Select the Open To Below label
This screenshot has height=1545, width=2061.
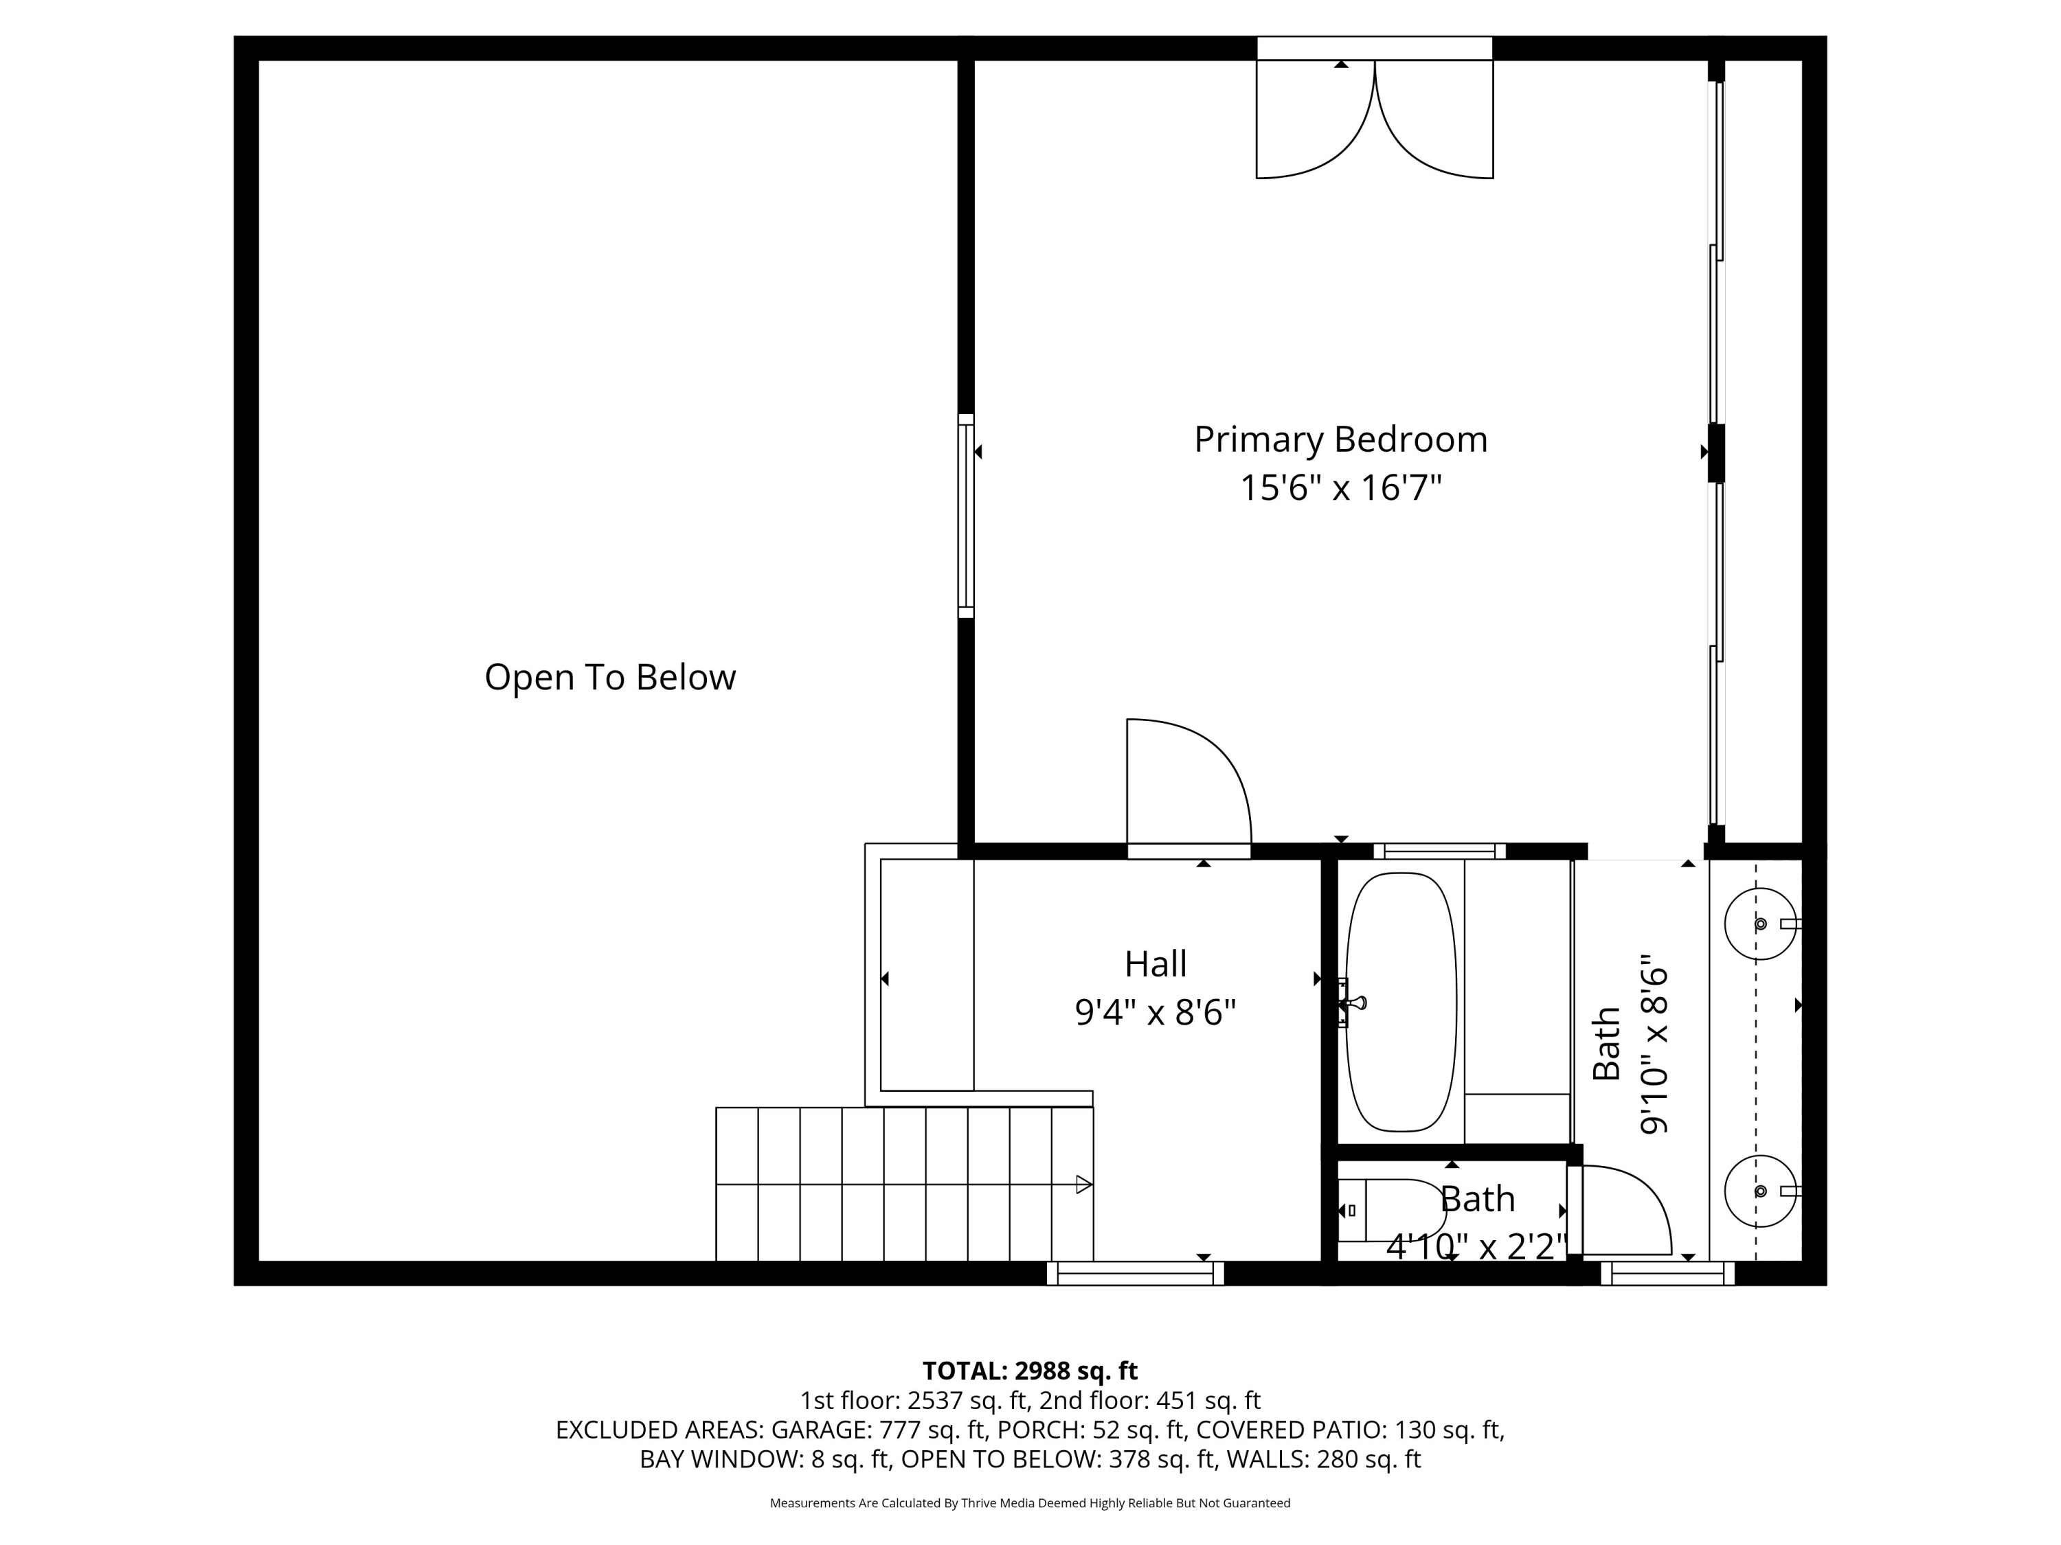[x=609, y=677]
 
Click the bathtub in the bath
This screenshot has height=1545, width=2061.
[x=1400, y=1002]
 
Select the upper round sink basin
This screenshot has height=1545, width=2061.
[x=1759, y=924]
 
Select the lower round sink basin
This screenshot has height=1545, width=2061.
[x=1759, y=1191]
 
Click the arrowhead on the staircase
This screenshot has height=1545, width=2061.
[x=1083, y=1184]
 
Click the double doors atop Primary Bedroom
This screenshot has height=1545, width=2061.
[x=1374, y=121]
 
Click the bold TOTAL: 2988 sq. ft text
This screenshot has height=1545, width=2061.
[x=1030, y=1371]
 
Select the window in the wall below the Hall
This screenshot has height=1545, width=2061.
[x=1135, y=1274]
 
